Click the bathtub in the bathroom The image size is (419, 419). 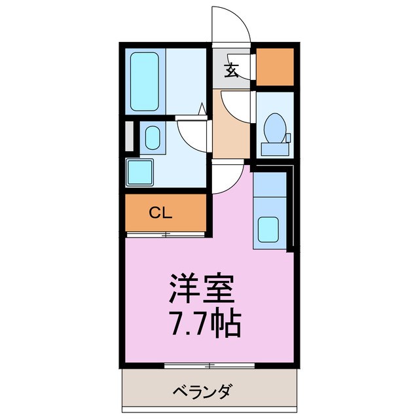[144, 81]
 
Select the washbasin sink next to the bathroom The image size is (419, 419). [153, 138]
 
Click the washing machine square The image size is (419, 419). [139, 172]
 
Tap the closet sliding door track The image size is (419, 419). [166, 234]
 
